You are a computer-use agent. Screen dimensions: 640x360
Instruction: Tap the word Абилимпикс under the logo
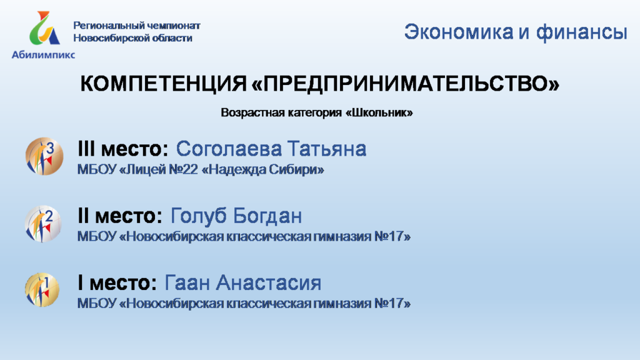43,54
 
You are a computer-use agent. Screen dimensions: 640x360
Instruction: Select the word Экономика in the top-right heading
459,32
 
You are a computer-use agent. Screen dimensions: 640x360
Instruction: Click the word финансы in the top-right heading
581,32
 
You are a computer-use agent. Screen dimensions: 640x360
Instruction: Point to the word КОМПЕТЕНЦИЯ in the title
163,84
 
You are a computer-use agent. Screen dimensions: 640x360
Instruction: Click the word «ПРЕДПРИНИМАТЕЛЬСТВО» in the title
405,83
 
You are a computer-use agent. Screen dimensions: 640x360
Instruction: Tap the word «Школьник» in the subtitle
379,112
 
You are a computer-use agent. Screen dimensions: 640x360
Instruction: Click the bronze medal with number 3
44,156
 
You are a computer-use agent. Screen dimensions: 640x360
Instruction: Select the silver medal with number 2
43,224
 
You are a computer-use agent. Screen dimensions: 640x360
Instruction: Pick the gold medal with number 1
42,290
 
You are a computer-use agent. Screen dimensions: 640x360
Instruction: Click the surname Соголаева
229,149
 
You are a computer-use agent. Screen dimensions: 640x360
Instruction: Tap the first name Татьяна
327,149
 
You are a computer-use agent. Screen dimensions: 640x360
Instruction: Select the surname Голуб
199,216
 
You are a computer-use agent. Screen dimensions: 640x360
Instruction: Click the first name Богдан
267,216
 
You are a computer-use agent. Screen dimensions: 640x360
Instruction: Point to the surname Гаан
187,282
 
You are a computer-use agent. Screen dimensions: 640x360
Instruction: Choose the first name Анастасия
269,282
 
